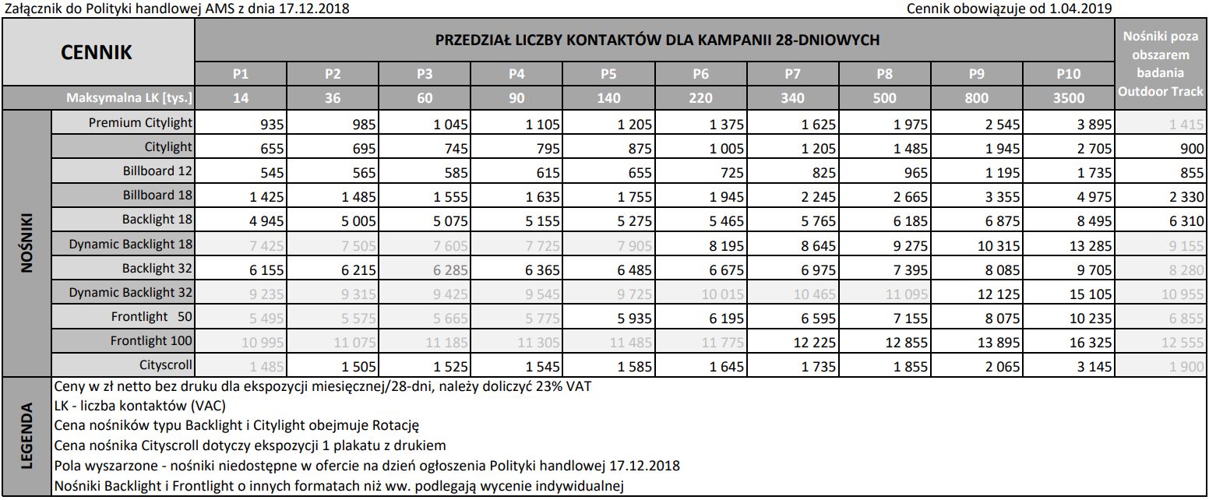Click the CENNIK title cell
pyautogui.click(x=97, y=52)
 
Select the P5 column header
pyautogui.click(x=608, y=74)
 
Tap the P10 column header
pyautogui.click(x=1068, y=74)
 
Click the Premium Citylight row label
pyautogui.click(x=140, y=123)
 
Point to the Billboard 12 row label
pyautogui.click(x=157, y=171)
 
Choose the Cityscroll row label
pyautogui.click(x=166, y=364)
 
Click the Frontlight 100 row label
pyautogui.click(x=151, y=340)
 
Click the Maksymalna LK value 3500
pyautogui.click(x=1068, y=98)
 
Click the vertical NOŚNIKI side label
pyautogui.click(x=27, y=244)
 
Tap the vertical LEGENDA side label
pyautogui.click(x=27, y=436)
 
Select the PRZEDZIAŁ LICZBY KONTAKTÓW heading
pyautogui.click(x=657, y=39)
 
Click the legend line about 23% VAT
pyautogui.click(x=323, y=387)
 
